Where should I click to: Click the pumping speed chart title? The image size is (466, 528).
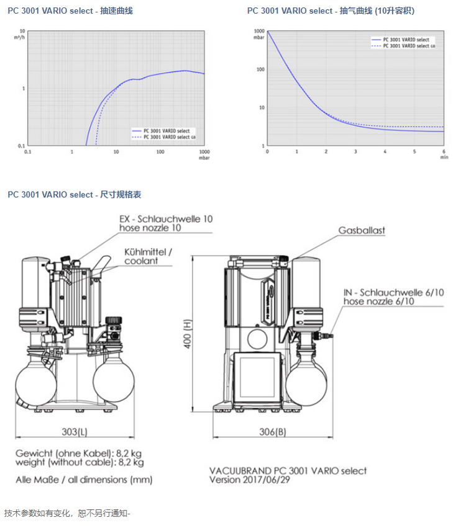pyautogui.click(x=70, y=11)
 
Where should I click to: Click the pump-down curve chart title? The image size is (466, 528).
pyautogui.click(x=331, y=11)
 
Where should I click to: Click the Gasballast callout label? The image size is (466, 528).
pyautogui.click(x=362, y=230)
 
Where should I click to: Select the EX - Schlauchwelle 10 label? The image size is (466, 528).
pyautogui.click(x=166, y=223)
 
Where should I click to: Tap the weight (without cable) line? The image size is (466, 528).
pyautogui.click(x=80, y=462)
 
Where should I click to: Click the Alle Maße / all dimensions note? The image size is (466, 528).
pyautogui.click(x=84, y=480)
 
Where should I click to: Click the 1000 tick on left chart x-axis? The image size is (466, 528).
pyautogui.click(x=204, y=151)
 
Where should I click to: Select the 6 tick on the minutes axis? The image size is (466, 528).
pyautogui.click(x=444, y=151)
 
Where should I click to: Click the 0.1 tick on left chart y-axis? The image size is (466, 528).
pyautogui.click(x=21, y=145)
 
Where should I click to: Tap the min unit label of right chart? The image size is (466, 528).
pyautogui.click(x=444, y=158)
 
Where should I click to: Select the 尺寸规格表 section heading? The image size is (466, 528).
pyautogui.click(x=75, y=195)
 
